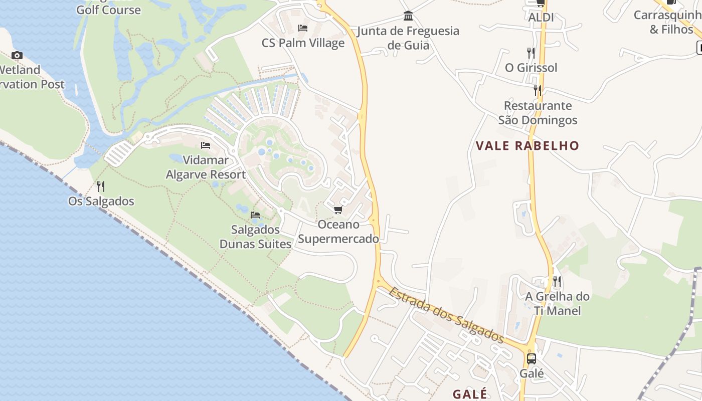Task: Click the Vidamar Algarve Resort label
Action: [x=206, y=167]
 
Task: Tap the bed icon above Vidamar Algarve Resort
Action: [x=206, y=145]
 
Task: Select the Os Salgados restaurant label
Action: [x=101, y=201]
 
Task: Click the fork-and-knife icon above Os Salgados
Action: [x=101, y=186]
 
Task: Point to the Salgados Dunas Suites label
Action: [x=256, y=237]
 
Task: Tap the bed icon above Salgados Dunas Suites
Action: [x=255, y=215]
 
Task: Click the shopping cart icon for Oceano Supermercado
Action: [x=338, y=210]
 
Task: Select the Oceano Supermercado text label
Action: [x=338, y=232]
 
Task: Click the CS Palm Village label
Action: [x=303, y=43]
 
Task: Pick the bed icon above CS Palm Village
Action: [x=303, y=28]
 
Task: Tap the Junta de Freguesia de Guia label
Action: [x=408, y=38]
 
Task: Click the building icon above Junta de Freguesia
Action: [x=408, y=16]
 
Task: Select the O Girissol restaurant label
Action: [x=531, y=68]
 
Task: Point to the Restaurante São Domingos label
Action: [x=538, y=113]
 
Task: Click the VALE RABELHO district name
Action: [x=528, y=146]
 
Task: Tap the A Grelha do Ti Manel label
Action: [x=557, y=303]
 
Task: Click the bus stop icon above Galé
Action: [x=532, y=359]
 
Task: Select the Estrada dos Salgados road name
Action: [x=446, y=315]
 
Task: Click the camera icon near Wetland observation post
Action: [x=17, y=55]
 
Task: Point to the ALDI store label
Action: [x=541, y=18]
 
